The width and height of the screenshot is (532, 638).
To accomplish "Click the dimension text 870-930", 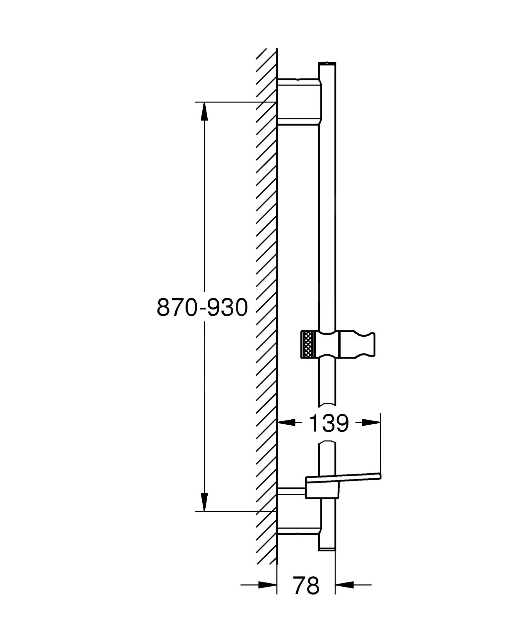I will pos(202,307).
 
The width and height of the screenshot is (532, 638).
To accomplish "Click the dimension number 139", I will pos(329,423).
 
